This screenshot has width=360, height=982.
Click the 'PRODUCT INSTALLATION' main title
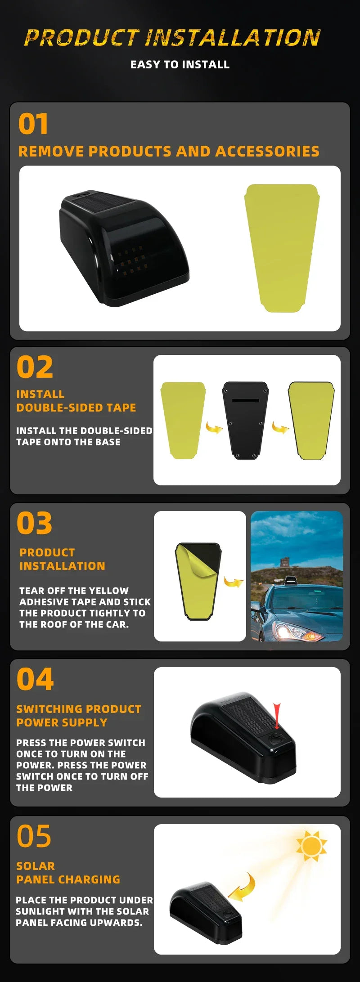[x=172, y=38]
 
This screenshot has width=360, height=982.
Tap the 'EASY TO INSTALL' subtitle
[x=180, y=65]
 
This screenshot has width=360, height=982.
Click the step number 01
[x=33, y=124]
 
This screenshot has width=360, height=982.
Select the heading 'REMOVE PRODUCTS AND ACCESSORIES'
[x=169, y=151]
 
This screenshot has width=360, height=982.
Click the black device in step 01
[x=124, y=248]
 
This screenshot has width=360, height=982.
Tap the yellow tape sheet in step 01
[x=282, y=247]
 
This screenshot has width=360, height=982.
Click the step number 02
[x=35, y=367]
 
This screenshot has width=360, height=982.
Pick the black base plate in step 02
[x=246, y=420]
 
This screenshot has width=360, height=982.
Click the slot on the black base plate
[x=245, y=400]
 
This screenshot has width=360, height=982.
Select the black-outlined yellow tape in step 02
[x=311, y=420]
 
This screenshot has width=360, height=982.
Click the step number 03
[x=34, y=523]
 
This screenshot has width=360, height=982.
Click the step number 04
[x=35, y=679]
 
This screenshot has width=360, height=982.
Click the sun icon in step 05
[x=311, y=846]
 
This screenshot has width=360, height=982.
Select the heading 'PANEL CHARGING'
[x=68, y=879]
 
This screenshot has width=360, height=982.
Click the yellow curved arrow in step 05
[x=244, y=887]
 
